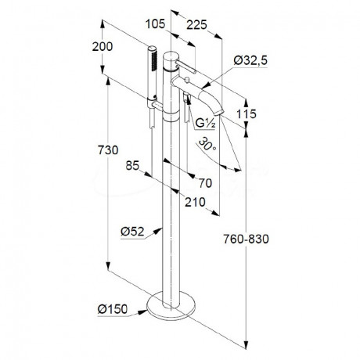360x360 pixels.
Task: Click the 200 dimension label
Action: (103, 46)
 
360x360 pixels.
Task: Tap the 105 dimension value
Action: (155, 24)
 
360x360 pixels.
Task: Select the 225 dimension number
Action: (196, 25)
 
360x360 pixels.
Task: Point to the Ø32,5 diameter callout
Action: (250, 60)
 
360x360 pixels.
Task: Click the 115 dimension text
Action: (247, 114)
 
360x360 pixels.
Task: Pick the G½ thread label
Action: (205, 123)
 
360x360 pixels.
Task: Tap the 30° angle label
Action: (207, 145)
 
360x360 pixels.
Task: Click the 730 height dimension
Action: (108, 150)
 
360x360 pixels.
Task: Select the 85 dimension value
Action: (132, 165)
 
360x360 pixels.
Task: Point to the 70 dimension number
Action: (205, 183)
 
